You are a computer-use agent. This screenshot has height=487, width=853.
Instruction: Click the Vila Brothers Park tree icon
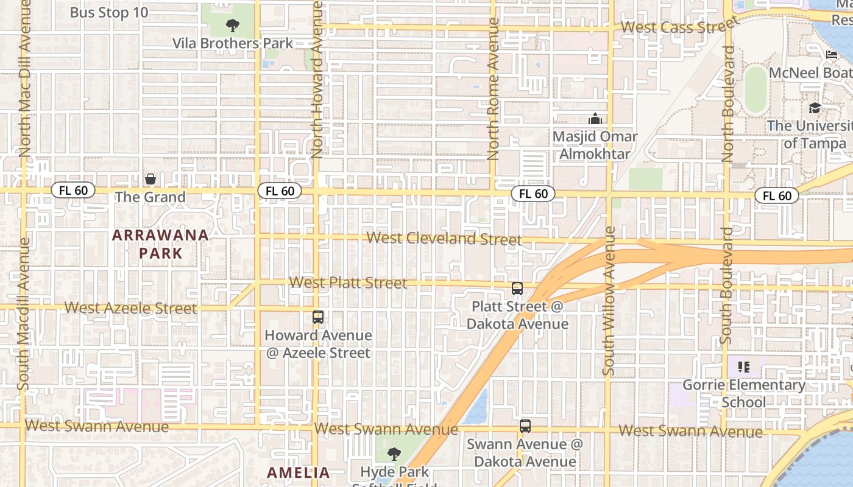click(232, 25)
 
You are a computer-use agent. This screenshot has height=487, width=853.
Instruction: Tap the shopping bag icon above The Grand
click(150, 179)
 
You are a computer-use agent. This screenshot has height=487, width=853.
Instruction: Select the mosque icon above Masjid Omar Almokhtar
click(595, 119)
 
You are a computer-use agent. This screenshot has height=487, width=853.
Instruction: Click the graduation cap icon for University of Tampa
click(815, 108)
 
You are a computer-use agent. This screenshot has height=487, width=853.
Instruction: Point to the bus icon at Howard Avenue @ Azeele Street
click(318, 317)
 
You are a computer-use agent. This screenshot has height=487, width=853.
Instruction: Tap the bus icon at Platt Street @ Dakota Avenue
click(517, 289)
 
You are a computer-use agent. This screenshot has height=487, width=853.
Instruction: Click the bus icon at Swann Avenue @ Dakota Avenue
click(525, 426)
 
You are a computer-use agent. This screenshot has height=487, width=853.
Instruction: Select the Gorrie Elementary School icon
click(743, 366)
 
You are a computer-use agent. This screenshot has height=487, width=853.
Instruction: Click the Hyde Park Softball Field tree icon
click(394, 454)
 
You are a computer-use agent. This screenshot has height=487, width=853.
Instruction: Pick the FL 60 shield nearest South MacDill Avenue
click(73, 191)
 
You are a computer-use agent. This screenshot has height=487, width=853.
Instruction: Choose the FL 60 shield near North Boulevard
click(777, 195)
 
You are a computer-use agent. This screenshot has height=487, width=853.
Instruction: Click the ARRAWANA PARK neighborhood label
click(160, 244)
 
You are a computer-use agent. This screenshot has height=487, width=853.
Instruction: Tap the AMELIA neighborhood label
click(299, 472)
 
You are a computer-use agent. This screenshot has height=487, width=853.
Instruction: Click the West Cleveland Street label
click(444, 239)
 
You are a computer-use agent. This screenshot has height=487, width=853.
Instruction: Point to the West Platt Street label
click(348, 282)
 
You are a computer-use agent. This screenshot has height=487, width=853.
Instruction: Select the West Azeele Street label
click(130, 308)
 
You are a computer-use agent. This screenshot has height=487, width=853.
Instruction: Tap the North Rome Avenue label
click(494, 88)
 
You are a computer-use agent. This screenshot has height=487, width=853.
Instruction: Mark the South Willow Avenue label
click(610, 301)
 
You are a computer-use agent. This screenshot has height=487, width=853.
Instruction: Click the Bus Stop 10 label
click(108, 12)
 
